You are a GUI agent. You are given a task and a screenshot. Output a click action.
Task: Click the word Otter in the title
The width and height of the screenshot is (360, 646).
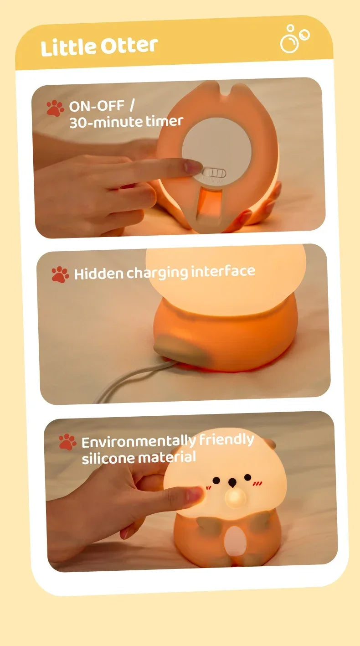(x=129, y=46)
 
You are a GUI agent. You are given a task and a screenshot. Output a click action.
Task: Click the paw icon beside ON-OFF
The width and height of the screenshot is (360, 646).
(x=55, y=109)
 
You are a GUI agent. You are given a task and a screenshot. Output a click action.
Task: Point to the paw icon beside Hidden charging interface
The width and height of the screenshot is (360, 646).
(x=60, y=274)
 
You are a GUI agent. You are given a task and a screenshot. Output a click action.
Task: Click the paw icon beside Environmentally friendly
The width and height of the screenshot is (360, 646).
(x=67, y=442)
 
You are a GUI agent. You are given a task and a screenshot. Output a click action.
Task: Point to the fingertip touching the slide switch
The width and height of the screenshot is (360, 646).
(x=194, y=166)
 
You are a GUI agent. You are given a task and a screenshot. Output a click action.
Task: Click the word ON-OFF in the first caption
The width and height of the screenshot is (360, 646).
(x=96, y=106)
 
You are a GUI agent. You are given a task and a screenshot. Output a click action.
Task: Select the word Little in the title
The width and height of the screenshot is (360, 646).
(x=62, y=48)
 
